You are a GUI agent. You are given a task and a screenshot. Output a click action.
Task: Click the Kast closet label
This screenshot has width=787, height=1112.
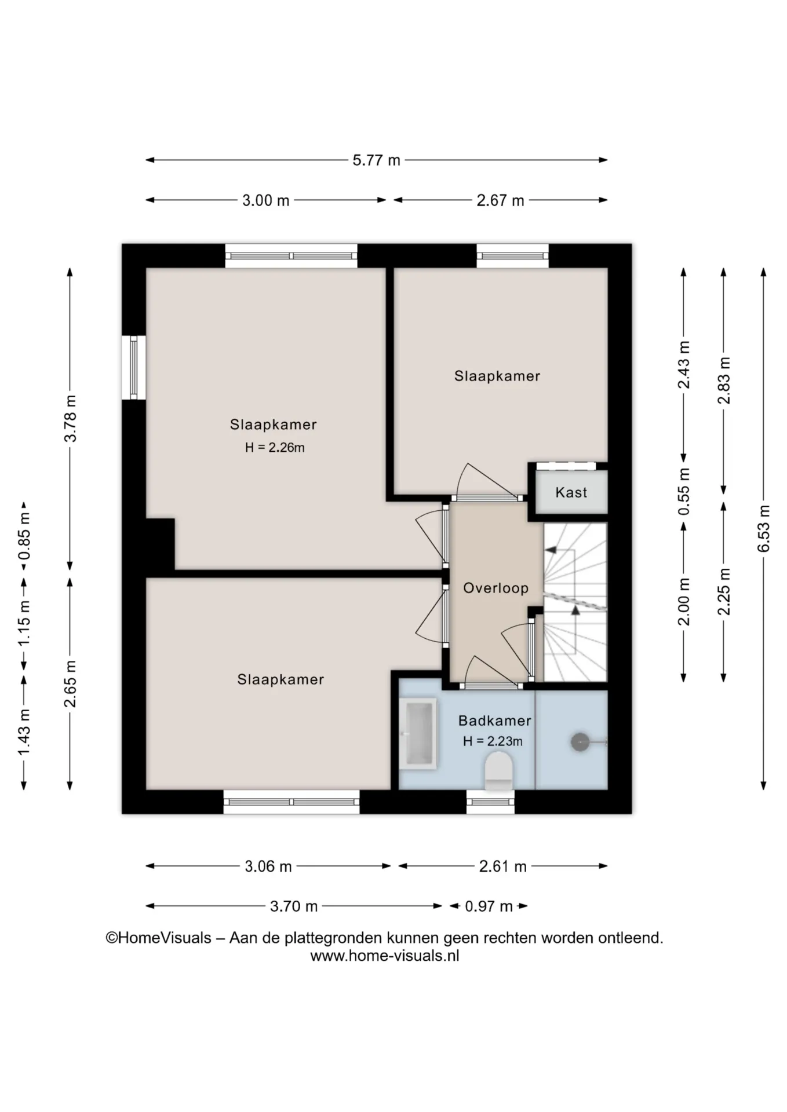click(571, 492)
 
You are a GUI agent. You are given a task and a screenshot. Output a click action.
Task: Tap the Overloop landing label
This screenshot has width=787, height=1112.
click(495, 588)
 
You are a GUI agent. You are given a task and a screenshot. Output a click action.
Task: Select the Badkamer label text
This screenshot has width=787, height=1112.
click(494, 720)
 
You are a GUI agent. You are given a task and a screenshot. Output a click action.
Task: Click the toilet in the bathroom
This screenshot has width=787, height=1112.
click(498, 771)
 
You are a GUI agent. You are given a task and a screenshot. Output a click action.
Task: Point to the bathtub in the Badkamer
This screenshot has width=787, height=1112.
click(418, 734)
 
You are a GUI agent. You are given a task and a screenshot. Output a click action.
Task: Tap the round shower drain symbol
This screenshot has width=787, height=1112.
click(580, 741)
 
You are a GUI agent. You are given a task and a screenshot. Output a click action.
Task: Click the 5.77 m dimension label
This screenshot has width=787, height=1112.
click(376, 160)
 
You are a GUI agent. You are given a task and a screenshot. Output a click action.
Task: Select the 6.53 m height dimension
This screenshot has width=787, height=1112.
click(764, 528)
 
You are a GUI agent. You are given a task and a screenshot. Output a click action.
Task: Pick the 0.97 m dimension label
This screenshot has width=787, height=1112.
click(489, 906)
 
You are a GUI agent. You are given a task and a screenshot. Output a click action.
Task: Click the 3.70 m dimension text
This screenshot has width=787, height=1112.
click(294, 906)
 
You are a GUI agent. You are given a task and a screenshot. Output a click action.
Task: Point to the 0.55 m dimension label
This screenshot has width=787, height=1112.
click(684, 492)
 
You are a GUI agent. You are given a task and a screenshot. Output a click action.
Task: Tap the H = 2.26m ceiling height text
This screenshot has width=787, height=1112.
click(274, 447)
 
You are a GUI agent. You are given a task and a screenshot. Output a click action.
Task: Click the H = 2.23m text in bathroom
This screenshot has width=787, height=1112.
click(493, 741)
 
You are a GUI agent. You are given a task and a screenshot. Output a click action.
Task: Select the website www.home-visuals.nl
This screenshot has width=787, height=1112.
click(385, 956)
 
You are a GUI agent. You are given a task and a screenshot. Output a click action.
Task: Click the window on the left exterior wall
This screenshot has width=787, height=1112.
click(133, 367)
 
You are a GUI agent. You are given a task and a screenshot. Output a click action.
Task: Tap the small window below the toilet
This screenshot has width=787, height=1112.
click(490, 802)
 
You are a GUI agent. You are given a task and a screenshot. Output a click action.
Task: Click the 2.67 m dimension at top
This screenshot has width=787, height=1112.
click(500, 200)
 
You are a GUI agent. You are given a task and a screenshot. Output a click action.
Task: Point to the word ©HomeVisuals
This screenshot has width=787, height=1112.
click(158, 938)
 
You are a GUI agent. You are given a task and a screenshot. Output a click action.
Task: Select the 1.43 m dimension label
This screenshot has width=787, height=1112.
click(24, 732)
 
